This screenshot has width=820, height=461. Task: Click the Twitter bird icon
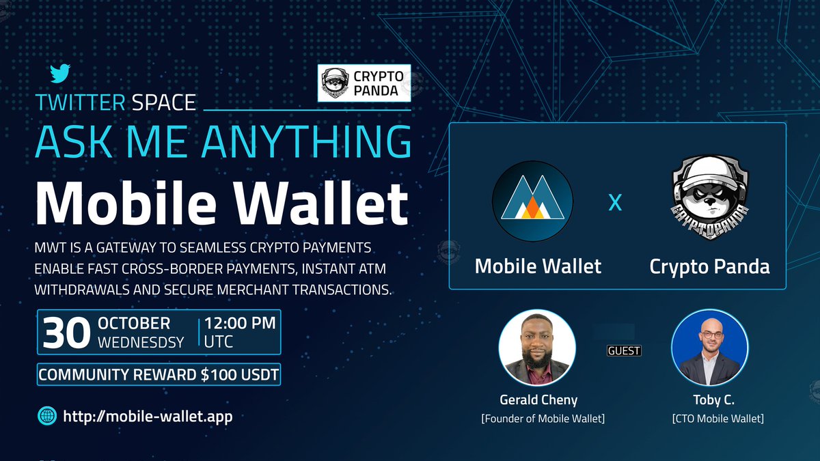click(x=60, y=73)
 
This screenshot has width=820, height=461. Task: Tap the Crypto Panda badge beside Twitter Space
click(x=365, y=83)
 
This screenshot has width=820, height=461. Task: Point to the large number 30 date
click(x=66, y=333)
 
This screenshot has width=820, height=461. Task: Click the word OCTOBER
click(x=134, y=323)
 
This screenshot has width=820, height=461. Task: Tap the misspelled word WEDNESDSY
click(x=141, y=342)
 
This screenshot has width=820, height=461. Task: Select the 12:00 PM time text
click(x=240, y=323)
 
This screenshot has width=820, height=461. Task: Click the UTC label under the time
click(x=219, y=342)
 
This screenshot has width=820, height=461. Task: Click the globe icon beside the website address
click(x=47, y=415)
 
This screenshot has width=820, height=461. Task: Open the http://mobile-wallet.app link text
click(x=148, y=415)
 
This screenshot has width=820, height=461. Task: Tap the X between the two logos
click(x=615, y=203)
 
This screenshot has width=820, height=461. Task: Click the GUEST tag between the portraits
click(x=623, y=350)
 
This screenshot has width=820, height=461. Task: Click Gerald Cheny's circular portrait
click(x=537, y=348)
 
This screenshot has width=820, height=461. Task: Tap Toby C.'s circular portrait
click(x=709, y=348)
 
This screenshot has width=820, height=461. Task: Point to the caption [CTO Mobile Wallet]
click(x=717, y=418)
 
